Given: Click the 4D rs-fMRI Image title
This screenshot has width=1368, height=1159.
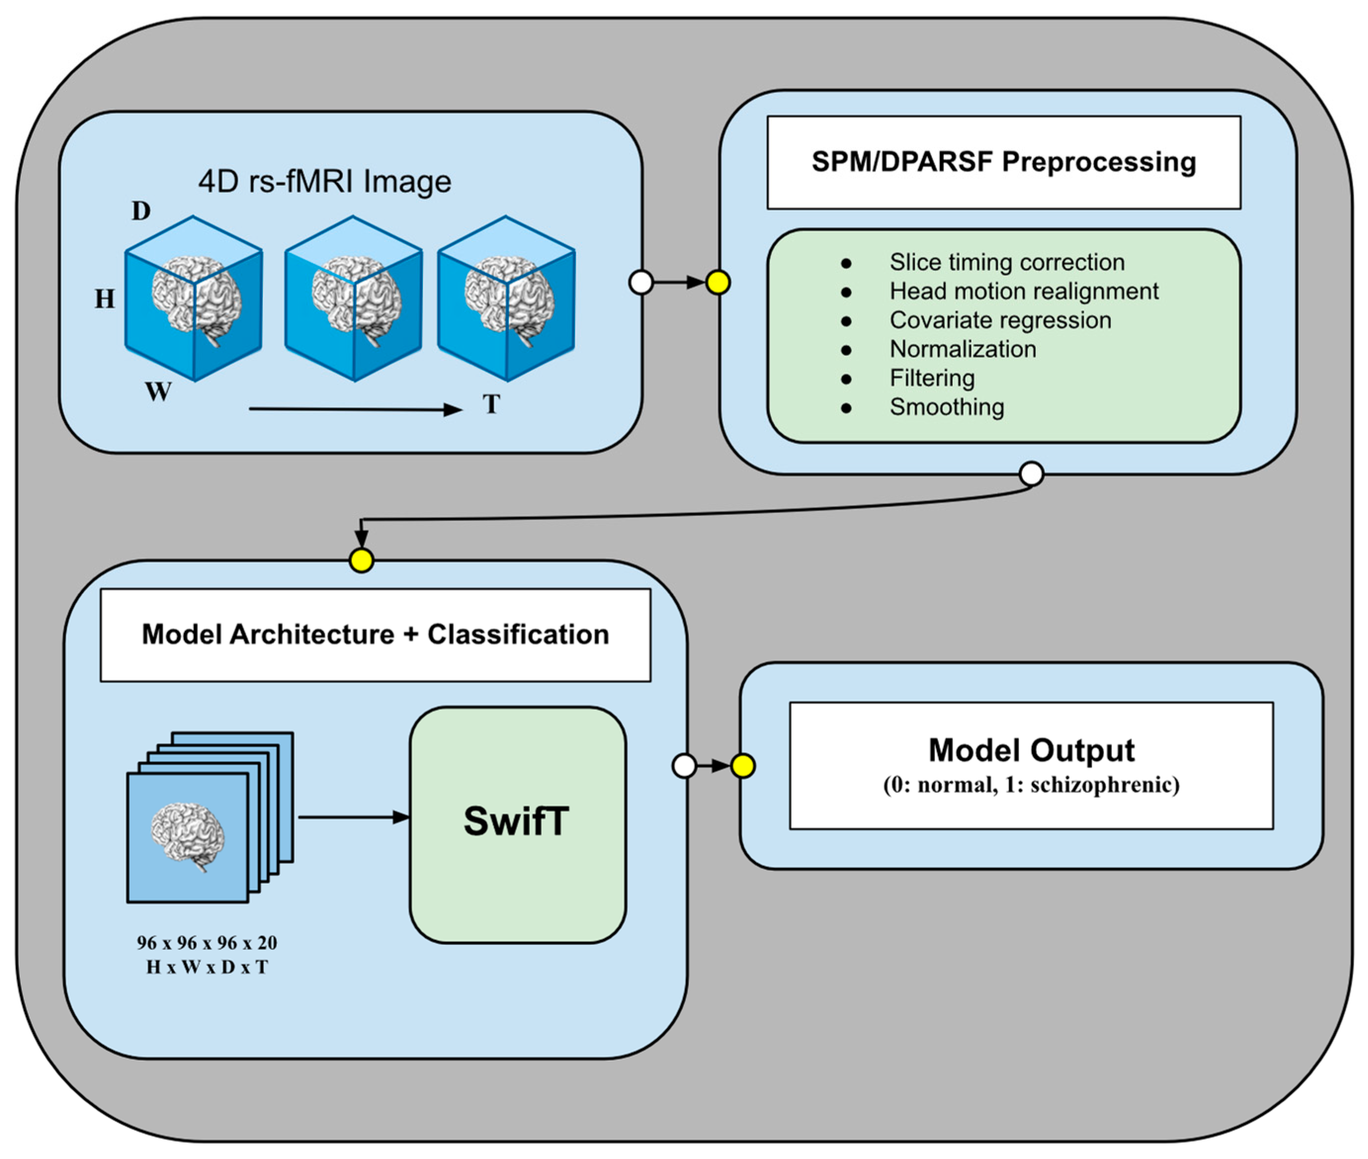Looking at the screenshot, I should [x=325, y=181].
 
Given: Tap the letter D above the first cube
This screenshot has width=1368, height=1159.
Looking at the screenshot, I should [x=141, y=211].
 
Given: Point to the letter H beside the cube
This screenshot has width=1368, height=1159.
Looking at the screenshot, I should [x=104, y=299].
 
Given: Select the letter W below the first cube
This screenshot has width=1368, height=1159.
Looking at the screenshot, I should [x=158, y=392].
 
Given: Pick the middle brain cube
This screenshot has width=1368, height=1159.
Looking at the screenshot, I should [x=353, y=299].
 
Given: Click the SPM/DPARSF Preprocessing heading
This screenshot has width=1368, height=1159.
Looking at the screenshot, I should [x=1003, y=162].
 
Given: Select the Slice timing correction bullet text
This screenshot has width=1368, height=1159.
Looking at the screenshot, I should [x=1007, y=262].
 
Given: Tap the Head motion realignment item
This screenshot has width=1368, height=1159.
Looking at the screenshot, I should [x=1024, y=291].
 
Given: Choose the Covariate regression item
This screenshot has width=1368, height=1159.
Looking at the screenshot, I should [x=1000, y=320].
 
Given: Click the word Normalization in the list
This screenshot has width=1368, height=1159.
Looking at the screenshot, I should [x=963, y=349].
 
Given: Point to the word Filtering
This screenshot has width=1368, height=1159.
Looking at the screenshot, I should [x=932, y=378].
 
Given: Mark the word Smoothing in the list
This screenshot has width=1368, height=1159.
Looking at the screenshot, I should [x=947, y=407].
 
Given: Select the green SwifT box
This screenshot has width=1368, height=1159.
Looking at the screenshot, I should [x=518, y=825].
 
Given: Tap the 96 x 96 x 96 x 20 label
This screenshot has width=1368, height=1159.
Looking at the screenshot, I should [x=207, y=943].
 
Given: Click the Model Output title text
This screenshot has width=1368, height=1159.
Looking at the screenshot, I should [x=1031, y=750].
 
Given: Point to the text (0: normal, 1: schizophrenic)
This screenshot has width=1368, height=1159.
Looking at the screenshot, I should [x=1031, y=785].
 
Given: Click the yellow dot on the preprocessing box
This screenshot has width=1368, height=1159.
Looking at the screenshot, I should [x=718, y=283].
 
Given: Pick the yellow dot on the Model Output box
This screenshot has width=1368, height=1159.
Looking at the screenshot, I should [x=743, y=766].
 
